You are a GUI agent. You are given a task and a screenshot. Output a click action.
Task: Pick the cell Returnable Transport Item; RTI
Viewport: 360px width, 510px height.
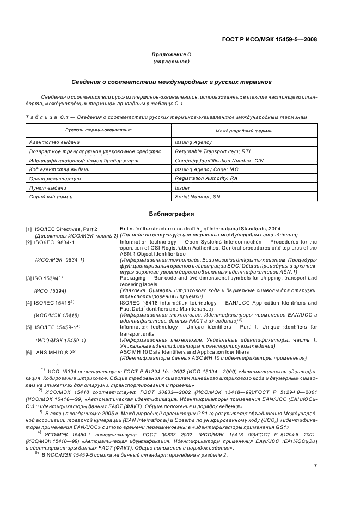click(212, 151)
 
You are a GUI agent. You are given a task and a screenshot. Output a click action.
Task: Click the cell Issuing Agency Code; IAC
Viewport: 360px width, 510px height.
click(206, 170)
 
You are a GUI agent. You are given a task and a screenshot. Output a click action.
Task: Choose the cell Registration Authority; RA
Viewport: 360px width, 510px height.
click(206, 178)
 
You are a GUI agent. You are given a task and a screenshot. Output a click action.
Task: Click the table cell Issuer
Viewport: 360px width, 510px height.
click(182, 187)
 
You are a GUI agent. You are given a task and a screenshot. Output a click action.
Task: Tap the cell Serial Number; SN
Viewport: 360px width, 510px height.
click(197, 197)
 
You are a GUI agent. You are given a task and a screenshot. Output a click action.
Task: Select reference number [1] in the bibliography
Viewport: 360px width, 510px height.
click(28, 229)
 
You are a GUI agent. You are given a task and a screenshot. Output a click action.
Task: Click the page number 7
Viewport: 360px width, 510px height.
click(315, 465)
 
